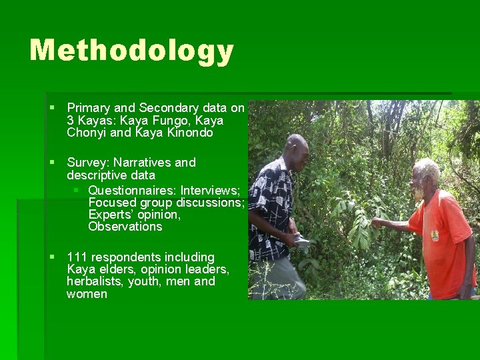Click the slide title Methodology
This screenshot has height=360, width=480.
(x=131, y=51)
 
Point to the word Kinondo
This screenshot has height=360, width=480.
(x=189, y=133)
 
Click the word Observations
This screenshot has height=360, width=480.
(x=125, y=227)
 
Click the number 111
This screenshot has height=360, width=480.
(x=77, y=257)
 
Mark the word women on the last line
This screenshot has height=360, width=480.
(x=87, y=294)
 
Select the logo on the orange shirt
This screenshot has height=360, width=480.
(x=434, y=234)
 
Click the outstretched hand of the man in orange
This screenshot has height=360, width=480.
(x=379, y=222)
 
